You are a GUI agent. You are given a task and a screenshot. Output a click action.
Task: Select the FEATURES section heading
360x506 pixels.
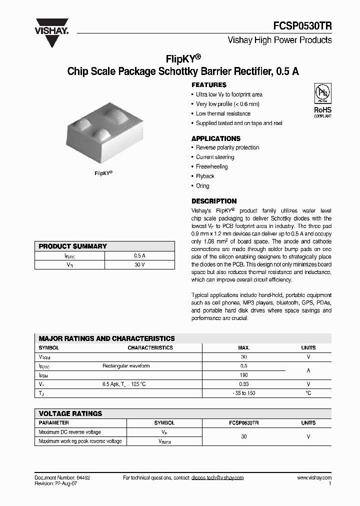tap(209, 85)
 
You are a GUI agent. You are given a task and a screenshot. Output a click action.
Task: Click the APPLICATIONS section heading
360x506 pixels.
tap(216, 138)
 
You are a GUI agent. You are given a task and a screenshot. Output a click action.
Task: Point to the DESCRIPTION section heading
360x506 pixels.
tap(214, 201)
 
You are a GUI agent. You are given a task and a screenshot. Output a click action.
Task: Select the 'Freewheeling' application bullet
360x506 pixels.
tap(211, 166)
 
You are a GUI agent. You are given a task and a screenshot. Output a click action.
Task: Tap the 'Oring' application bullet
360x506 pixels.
tap(202, 185)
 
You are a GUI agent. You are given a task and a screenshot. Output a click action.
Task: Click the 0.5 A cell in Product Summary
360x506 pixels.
tap(139, 255)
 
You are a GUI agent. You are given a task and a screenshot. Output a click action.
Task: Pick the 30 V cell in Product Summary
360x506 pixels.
tap(139, 264)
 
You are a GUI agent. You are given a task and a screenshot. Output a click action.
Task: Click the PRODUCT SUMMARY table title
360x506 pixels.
tap(73, 246)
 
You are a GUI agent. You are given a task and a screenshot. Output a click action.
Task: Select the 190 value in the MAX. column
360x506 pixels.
tap(243, 375)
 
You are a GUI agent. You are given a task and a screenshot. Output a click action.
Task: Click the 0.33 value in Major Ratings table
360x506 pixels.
tap(243, 384)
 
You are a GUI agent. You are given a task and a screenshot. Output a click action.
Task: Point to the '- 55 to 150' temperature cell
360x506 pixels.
tap(243, 393)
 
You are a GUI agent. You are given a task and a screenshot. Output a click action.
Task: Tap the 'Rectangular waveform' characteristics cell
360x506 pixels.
tap(126, 366)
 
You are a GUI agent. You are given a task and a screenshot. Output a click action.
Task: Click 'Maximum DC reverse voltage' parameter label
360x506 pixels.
tap(70, 432)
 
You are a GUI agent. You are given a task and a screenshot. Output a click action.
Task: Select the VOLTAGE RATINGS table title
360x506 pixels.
tap(70, 413)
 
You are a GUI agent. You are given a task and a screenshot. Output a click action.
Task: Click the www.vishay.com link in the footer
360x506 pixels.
tap(314, 478)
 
